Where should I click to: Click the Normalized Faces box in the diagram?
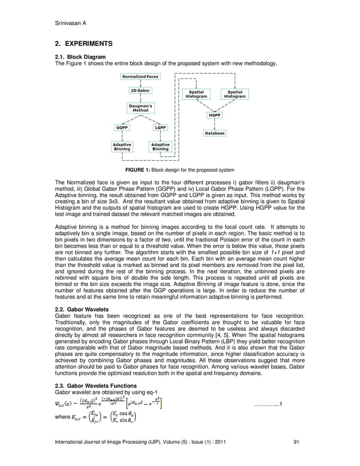pos(141,76)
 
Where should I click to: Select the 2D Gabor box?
pos(141,90)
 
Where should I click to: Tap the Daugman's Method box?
pos(141,107)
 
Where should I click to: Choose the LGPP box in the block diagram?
pos(160,128)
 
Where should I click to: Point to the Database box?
pos(214,133)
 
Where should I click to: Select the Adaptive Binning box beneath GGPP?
pos(122,147)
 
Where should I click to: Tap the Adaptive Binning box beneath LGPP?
pos(160,147)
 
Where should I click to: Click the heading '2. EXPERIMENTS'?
pos(84,43)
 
